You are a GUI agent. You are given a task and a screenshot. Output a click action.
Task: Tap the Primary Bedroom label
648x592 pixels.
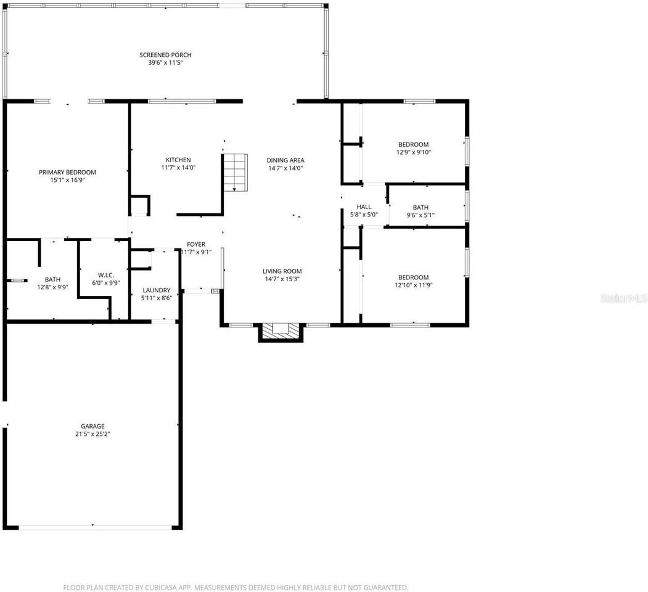tap(67, 172)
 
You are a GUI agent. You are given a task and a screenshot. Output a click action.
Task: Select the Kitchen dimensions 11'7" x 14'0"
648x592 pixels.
tap(178, 168)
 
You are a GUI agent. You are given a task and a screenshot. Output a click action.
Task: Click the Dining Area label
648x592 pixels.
tap(285, 160)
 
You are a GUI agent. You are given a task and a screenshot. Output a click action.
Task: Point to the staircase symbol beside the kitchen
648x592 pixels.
tap(235, 172)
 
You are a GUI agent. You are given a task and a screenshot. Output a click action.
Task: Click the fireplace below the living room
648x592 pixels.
tap(281, 332)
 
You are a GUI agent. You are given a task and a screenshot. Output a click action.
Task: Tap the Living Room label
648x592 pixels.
tap(282, 271)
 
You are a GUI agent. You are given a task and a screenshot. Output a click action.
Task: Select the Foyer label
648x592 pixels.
tap(196, 244)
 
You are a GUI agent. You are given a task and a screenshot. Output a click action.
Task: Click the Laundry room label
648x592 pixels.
tap(156, 290)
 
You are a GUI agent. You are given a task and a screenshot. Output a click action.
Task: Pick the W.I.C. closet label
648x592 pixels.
tap(105, 275)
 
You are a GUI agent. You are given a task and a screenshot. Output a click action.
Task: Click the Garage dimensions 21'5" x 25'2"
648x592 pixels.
tap(92, 434)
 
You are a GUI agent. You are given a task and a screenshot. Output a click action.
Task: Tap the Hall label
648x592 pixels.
tap(364, 207)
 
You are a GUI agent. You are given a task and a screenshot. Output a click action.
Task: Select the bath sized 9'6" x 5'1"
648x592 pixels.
tap(420, 212)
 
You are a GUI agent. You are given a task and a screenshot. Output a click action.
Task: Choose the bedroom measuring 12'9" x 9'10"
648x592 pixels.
tap(412, 149)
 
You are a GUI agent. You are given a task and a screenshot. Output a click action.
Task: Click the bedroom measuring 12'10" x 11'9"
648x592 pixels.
tap(412, 281)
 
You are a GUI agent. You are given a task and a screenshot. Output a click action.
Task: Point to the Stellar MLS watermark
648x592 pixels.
tap(624, 298)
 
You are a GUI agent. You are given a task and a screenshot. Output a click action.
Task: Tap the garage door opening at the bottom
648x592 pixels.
tap(94, 527)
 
